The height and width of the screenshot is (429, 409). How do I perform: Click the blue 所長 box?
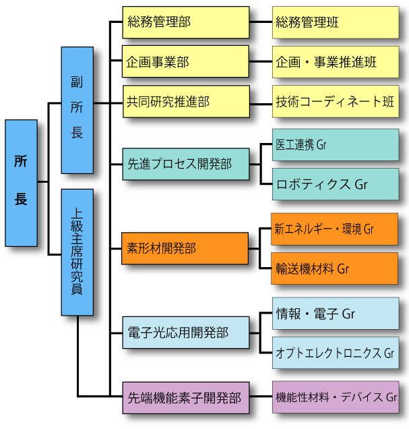pyautogui.click(x=21, y=182)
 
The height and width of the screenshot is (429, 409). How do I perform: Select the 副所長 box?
pyautogui.click(x=77, y=110)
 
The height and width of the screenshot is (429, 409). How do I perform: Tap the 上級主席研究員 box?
pyautogui.click(x=77, y=252)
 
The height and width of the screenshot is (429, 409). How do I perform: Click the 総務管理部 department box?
pyautogui.click(x=185, y=22)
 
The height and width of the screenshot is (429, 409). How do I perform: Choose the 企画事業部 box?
pyautogui.click(x=185, y=62)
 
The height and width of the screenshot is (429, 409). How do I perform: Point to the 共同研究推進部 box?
pyautogui.click(x=185, y=102)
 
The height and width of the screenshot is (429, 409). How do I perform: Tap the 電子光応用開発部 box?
pyautogui.click(x=185, y=333)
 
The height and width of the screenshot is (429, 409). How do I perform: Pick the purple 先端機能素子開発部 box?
pyautogui.click(x=185, y=398)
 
